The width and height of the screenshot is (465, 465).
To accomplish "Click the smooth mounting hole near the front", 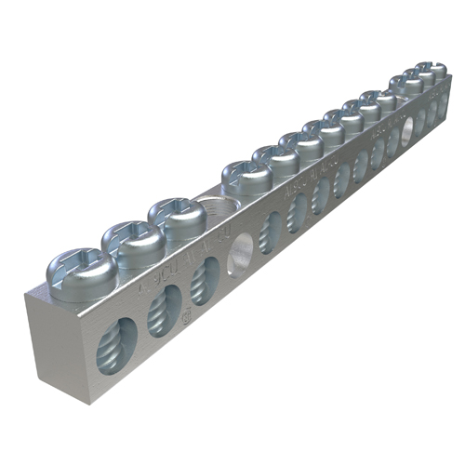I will click(x=242, y=252).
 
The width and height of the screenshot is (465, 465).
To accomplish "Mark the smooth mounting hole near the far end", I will click(x=408, y=130).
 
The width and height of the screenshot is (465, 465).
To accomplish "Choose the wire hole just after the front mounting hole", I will click(x=272, y=231).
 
